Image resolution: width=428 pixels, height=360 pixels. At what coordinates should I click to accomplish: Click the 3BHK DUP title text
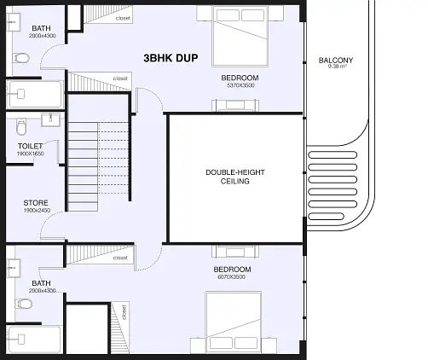[171, 58]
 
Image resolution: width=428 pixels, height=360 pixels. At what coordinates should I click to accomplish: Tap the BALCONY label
[336, 61]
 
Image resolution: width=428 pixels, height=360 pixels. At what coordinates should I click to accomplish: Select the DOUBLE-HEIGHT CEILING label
[235, 177]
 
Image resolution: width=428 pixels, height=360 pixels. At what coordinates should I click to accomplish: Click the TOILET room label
[30, 146]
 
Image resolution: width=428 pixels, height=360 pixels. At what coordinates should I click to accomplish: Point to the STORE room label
[36, 203]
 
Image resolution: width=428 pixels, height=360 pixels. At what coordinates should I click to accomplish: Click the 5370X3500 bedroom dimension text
[240, 85]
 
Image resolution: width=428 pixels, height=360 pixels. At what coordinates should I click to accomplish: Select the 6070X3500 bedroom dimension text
[231, 277]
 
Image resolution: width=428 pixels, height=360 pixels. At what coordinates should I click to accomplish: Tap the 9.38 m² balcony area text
[337, 67]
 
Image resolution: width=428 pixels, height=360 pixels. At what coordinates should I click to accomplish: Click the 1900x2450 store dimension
[38, 211]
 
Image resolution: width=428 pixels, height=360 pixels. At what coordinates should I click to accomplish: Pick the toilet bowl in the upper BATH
[21, 58]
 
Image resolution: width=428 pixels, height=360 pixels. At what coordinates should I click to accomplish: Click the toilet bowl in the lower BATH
[23, 304]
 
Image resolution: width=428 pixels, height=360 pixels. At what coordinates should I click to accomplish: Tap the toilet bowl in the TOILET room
[21, 127]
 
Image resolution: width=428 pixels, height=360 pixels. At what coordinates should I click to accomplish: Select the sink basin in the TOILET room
[50, 119]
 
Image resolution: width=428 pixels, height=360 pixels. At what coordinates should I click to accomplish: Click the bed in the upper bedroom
[240, 37]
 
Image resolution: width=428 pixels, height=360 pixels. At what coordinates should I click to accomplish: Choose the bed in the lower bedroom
[234, 322]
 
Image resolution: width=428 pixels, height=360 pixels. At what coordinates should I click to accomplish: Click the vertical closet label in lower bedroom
[124, 312]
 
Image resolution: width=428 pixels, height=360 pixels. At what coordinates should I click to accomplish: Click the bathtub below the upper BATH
[35, 95]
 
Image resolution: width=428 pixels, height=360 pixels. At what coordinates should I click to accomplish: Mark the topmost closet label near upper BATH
[123, 18]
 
